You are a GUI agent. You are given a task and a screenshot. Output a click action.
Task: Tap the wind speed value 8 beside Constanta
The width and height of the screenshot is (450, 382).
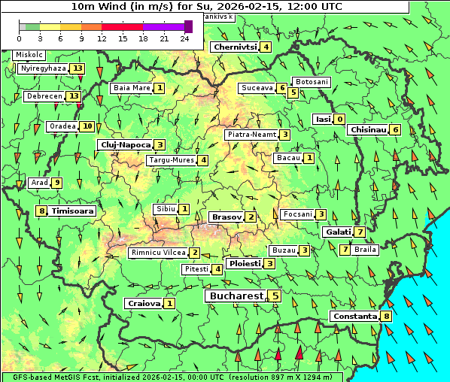[x=387, y=316]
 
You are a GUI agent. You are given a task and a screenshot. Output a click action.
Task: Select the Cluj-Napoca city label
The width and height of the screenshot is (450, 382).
[x=125, y=144]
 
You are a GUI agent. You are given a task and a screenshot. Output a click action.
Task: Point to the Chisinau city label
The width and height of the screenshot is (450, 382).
[x=369, y=129]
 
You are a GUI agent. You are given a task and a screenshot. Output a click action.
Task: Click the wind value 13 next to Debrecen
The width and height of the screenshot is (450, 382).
[x=74, y=96]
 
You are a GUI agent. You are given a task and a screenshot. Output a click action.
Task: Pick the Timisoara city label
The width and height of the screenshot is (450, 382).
[x=73, y=211]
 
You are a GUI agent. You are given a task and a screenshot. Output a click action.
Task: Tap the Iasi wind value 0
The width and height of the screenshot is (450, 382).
[x=340, y=119]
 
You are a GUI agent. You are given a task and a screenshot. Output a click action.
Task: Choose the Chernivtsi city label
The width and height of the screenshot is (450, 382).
[x=236, y=47]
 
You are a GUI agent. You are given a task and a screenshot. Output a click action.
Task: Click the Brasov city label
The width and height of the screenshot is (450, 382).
[x=227, y=217]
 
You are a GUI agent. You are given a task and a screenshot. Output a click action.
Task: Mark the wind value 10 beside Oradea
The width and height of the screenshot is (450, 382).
[x=88, y=126]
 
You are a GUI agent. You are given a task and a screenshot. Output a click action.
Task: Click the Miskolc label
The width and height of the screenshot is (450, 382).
[x=29, y=55]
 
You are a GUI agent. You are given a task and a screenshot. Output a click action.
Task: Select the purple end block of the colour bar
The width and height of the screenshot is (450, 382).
[x=188, y=26]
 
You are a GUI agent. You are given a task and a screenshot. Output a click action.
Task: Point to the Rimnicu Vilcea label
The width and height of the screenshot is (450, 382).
[x=157, y=253]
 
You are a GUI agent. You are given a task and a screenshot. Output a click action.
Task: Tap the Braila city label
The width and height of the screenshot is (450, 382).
[x=365, y=249]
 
